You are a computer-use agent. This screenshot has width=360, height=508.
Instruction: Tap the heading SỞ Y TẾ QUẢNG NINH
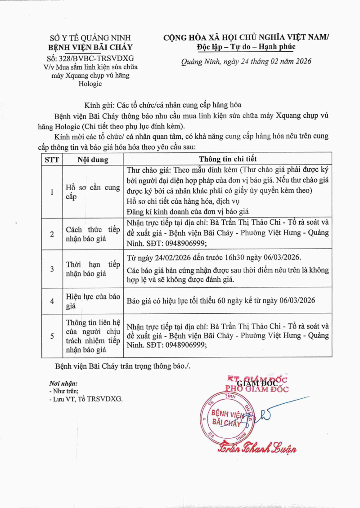pos(90,39)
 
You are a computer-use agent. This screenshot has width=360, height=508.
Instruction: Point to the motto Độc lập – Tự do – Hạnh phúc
pos(246,47)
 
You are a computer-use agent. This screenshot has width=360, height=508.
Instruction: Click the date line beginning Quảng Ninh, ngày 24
pos(246,62)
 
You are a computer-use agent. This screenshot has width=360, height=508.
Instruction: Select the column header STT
pos(52,159)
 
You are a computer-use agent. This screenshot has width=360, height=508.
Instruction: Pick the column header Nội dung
pos(93,159)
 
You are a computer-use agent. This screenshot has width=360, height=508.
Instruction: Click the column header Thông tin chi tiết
pos(228,159)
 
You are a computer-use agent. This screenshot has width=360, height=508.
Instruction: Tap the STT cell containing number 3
pos(52,269)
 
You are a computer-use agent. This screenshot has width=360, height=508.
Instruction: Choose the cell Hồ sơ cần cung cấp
pos(93,192)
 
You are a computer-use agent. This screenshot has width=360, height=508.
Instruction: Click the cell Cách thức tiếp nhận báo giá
pos(93,234)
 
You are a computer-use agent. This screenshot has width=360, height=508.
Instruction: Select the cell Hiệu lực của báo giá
pos(93,301)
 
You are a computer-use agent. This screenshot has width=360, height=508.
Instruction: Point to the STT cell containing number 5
pos(52,335)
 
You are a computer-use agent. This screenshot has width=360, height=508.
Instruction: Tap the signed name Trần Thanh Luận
pos(257,447)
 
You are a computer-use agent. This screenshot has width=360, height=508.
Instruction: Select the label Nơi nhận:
pos(63,383)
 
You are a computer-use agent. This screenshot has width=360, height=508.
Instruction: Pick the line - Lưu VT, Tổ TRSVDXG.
pos(85,399)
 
